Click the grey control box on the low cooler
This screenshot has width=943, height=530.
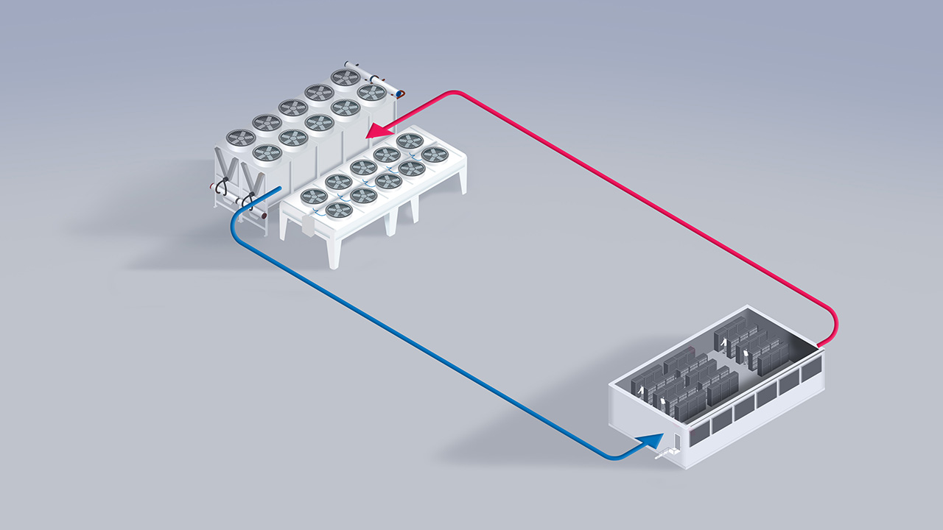[x=308, y=227]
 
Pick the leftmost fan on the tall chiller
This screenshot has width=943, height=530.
[x=240, y=138]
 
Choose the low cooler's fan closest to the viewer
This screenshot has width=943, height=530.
[x=338, y=211]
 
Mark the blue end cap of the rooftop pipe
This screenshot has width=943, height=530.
[x=401, y=94]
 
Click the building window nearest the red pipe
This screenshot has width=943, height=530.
[x=812, y=369]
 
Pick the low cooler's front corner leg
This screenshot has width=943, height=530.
[x=335, y=253]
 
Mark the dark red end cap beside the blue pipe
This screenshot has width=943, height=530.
[x=264, y=216]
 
